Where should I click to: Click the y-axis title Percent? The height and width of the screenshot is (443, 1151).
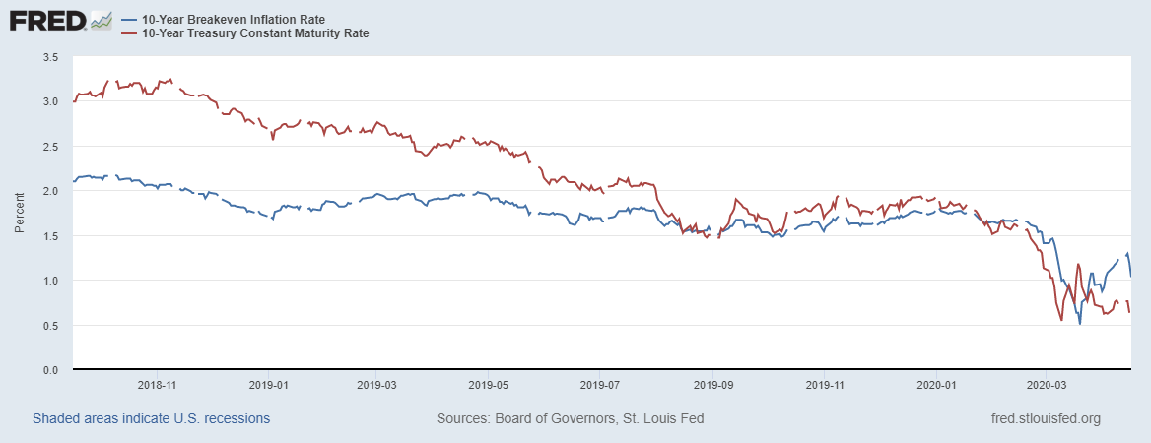pos(20,214)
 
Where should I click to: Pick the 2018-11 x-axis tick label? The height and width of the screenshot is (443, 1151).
pos(158,385)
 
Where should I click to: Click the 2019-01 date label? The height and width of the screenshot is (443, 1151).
pos(269,385)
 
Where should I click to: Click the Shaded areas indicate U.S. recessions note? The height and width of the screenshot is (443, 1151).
pos(151,418)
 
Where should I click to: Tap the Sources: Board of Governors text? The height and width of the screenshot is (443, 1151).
pos(570,418)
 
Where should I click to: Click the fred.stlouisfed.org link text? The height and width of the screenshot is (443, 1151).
pos(1046,418)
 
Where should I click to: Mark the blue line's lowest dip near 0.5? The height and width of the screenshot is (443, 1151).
pos(1080,323)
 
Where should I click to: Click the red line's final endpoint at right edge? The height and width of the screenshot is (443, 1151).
pos(1129,312)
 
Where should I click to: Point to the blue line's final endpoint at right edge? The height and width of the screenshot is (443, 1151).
pos(1130,276)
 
